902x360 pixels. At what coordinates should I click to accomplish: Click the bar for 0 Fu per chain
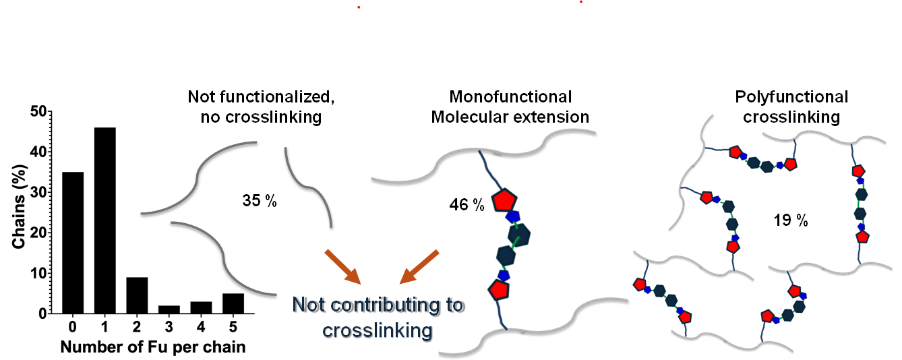(73, 243)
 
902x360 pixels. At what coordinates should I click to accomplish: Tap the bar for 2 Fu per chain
(137, 295)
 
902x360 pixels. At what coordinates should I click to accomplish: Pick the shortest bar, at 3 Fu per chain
(169, 309)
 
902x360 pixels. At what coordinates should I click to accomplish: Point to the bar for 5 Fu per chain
(233, 303)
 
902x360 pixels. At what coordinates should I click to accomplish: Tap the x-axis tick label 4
(201, 328)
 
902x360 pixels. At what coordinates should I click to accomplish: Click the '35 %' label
(259, 201)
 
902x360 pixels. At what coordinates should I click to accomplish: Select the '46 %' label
(467, 205)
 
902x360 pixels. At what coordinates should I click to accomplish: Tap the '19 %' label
(790, 220)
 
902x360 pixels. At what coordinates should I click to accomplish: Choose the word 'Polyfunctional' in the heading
(791, 97)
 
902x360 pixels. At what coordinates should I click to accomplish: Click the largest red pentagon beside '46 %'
(504, 200)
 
